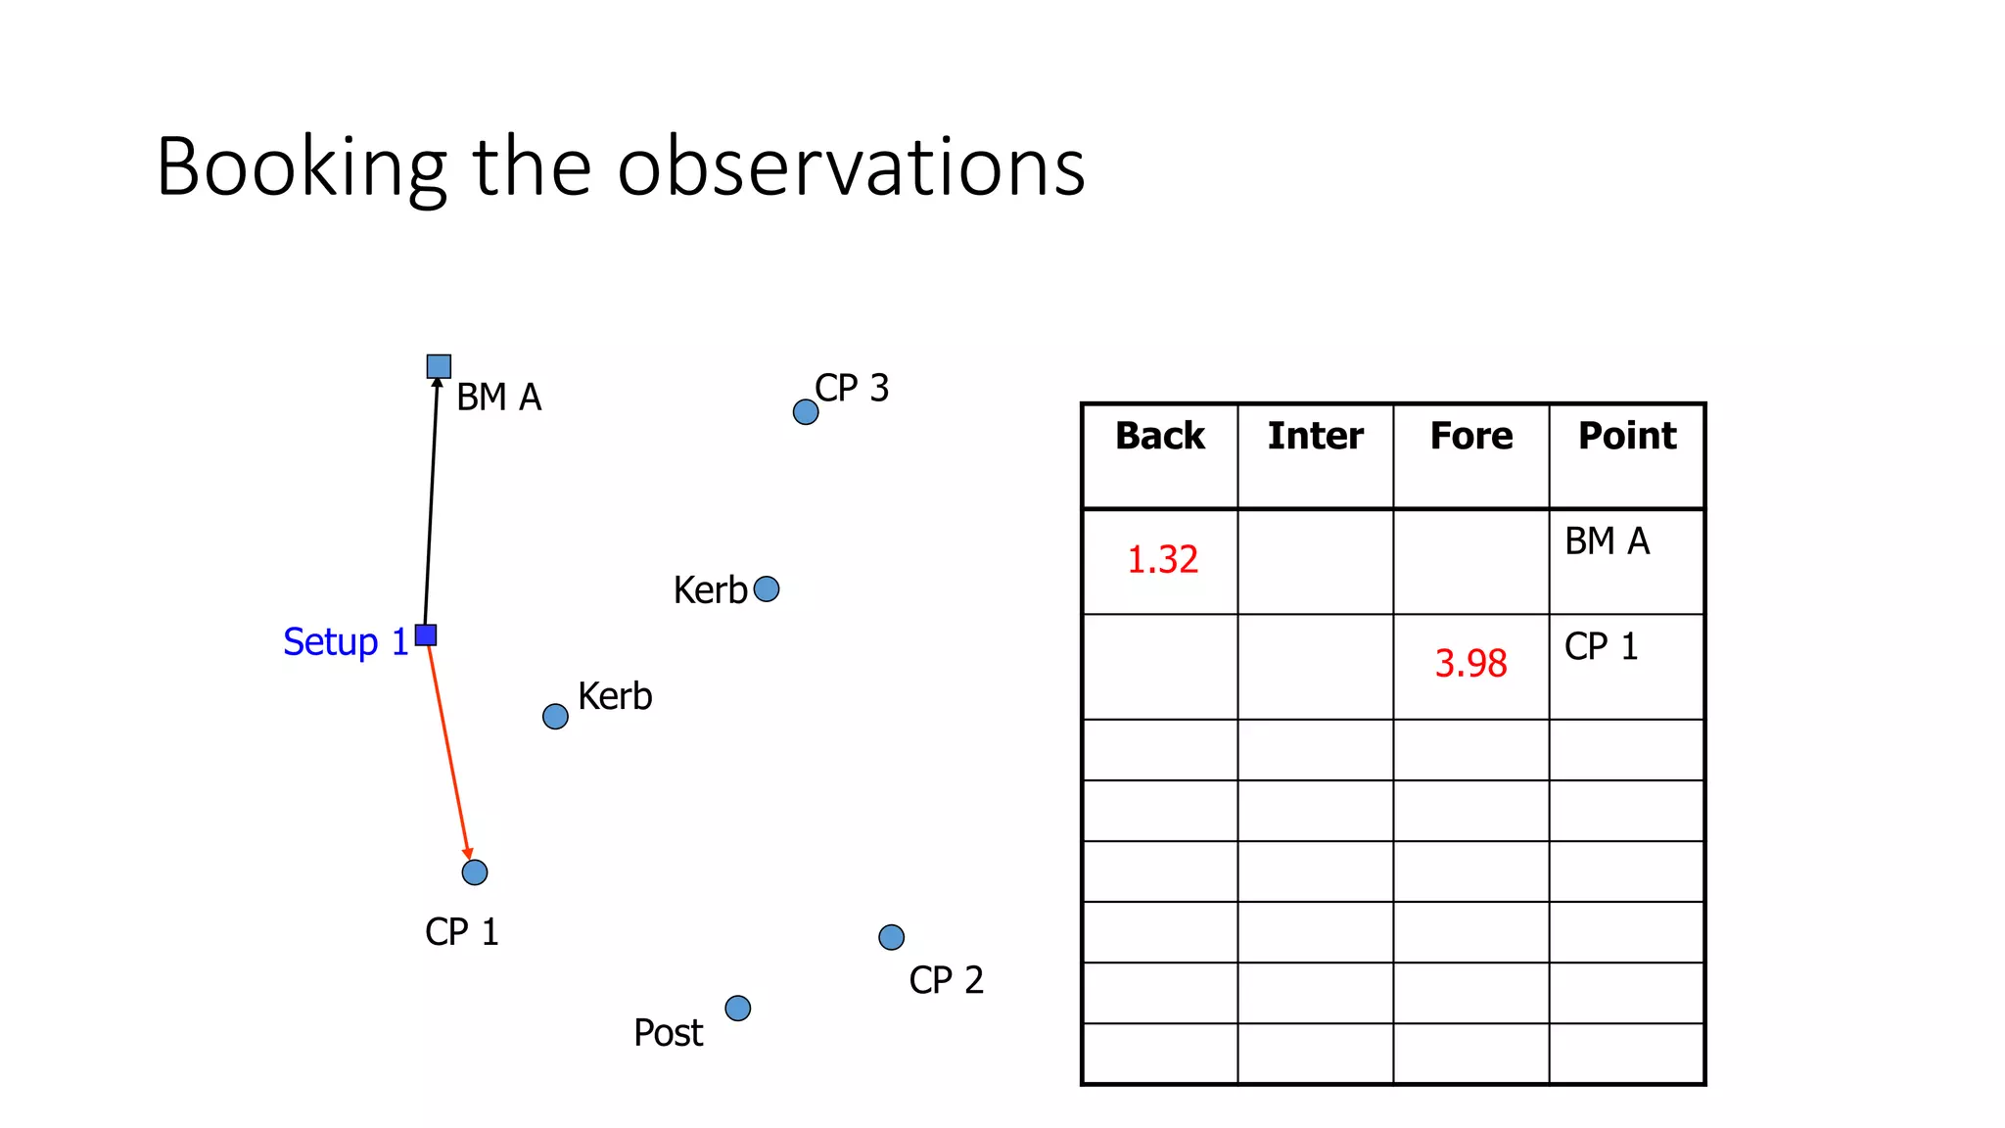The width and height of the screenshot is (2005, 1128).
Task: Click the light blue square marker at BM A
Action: coord(439,366)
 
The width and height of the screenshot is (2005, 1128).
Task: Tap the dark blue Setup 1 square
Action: coord(426,634)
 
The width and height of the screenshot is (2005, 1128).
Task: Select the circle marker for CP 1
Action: coord(475,871)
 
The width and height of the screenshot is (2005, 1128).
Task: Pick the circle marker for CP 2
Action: coord(891,937)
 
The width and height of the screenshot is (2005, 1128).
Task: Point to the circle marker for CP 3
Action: coord(806,412)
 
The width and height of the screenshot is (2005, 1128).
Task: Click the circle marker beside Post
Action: coord(738,1008)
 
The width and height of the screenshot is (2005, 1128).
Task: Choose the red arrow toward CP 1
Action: coord(448,749)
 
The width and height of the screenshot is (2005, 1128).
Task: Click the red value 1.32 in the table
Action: coord(1162,560)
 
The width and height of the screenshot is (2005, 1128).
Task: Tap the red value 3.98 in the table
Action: coord(1470,664)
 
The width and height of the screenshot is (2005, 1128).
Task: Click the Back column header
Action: coord(1160,436)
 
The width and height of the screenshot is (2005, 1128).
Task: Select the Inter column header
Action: coord(1315,436)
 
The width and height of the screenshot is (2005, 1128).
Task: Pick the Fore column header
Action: coord(1470,436)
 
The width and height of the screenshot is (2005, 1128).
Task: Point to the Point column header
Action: coord(1626,436)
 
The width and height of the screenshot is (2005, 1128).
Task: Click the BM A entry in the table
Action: coord(1607,541)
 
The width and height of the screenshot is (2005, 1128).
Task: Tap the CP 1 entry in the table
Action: coord(1601,647)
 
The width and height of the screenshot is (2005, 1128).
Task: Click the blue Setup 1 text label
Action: coord(345,642)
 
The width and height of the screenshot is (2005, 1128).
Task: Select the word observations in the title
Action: coord(851,167)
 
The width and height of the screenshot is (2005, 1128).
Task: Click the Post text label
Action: coord(668,1033)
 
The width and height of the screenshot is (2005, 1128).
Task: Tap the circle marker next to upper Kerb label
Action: coord(767,588)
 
